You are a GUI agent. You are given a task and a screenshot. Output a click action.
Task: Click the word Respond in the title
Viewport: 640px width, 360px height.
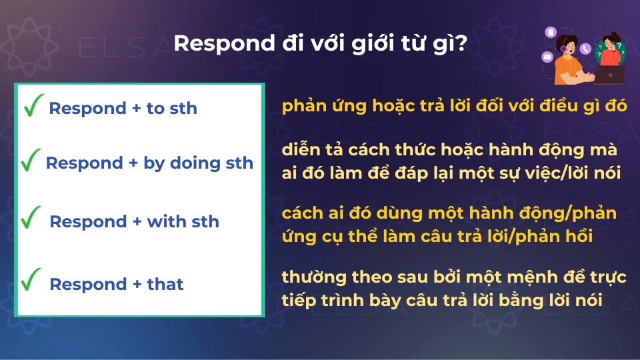[225, 44]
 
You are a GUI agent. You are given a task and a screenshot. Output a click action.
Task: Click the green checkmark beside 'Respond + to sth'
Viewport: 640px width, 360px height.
[33, 105]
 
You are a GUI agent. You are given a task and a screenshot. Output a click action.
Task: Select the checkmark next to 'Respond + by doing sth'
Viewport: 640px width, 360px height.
[31, 159]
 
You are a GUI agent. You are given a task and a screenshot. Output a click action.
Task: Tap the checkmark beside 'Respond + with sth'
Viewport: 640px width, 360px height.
[31, 217]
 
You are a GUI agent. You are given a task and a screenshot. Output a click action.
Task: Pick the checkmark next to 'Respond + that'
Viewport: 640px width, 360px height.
[31, 279]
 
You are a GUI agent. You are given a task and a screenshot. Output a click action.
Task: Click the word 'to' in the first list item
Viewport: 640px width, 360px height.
[155, 109]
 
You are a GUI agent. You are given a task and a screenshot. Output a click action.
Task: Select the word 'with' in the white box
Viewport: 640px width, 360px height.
[165, 221]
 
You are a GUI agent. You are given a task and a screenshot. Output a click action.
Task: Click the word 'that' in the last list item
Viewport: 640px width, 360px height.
[165, 284]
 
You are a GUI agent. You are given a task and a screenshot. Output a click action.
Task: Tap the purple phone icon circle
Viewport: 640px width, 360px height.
[586, 49]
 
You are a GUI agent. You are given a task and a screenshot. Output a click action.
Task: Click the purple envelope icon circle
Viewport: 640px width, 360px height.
[548, 57]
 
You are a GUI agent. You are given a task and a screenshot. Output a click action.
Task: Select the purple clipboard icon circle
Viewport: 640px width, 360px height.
[551, 32]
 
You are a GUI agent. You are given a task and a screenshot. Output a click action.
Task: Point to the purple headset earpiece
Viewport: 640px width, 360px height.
[563, 49]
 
